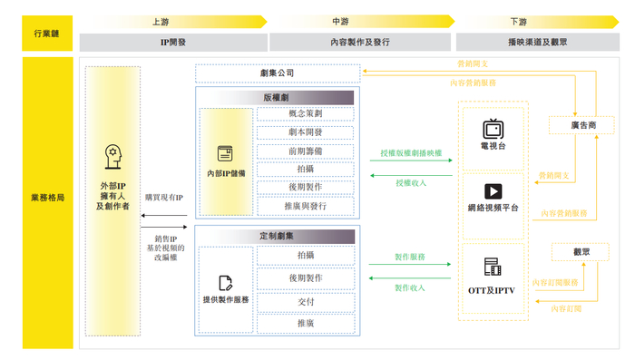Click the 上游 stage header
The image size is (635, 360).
coord(160,21)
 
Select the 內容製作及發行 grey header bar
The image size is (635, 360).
coord(360,42)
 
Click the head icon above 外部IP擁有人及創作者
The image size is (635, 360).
coord(113,155)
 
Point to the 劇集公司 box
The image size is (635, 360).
coord(277,73)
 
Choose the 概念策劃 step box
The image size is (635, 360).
coord(305,114)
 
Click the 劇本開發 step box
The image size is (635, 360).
coord(305,132)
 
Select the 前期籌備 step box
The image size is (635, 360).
coord(305,151)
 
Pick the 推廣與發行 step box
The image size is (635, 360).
coord(305,206)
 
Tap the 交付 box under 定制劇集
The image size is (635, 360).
coord(305,302)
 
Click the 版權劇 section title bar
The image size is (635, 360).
coord(277,97)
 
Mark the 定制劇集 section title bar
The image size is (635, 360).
coord(277,237)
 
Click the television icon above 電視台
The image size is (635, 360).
coord(493,127)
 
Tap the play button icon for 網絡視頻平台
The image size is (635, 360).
coord(493,191)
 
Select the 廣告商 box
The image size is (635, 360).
coord(584,124)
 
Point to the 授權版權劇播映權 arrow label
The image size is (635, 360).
coord(411,154)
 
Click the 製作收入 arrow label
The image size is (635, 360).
coord(410,287)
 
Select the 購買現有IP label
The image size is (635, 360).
coord(163,198)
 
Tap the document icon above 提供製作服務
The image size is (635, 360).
coord(225,283)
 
